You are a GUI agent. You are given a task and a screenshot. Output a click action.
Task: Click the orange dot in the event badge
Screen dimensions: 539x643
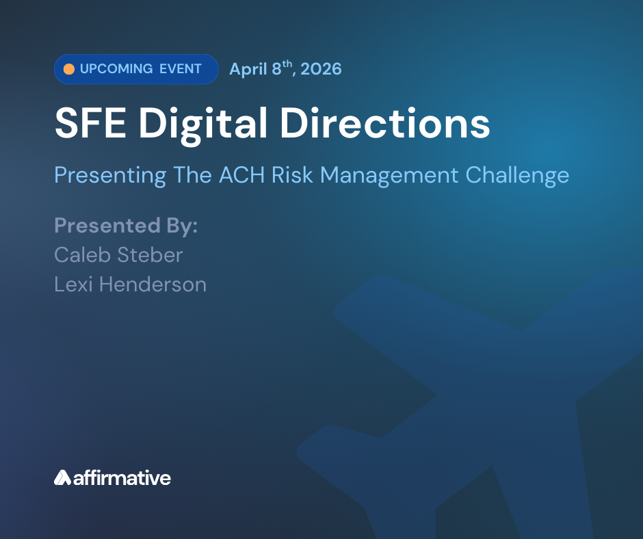pos(69,69)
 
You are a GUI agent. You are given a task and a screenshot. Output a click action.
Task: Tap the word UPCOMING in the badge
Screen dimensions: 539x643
pos(116,69)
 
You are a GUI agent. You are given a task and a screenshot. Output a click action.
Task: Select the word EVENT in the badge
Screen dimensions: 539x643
pos(181,69)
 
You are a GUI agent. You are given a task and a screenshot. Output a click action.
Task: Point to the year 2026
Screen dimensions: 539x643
pos(319,69)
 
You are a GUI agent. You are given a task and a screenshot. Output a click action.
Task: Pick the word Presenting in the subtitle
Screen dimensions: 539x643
pos(110,176)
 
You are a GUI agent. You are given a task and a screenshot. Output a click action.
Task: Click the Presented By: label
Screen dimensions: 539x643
pos(126,226)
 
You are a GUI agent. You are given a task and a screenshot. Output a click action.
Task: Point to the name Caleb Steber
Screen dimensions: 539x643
pos(118,255)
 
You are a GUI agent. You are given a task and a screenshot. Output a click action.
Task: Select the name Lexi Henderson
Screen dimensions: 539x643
pos(130,284)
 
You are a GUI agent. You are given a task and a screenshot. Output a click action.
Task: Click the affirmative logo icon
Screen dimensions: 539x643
pos(62,477)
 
